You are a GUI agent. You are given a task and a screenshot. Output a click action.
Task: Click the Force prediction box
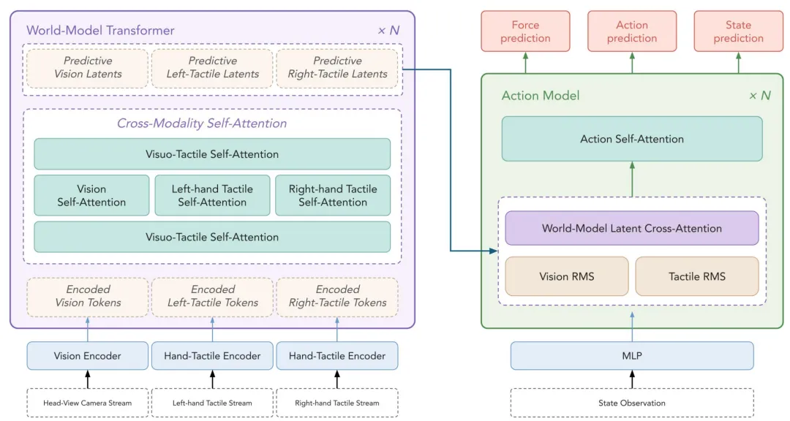click(x=525, y=31)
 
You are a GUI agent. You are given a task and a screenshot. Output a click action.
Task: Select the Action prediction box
click(x=632, y=31)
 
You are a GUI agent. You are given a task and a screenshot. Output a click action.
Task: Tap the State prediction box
click(x=738, y=31)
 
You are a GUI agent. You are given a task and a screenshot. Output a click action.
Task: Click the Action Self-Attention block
click(x=632, y=139)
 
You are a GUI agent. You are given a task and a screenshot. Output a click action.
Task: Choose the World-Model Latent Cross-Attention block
click(x=632, y=228)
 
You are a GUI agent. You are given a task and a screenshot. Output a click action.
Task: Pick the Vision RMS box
click(x=567, y=276)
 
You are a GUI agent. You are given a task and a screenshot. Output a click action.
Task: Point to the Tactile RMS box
click(x=697, y=276)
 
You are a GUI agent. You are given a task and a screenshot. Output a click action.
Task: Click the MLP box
click(x=632, y=355)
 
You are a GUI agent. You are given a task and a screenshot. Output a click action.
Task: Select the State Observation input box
click(x=632, y=403)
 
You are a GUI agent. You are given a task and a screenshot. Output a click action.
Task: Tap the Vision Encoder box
click(x=88, y=355)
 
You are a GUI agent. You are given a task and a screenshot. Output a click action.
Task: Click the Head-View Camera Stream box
click(x=88, y=403)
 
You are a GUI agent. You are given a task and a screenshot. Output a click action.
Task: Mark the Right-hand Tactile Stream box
click(x=337, y=403)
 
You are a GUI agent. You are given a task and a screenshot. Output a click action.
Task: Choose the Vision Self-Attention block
click(x=91, y=195)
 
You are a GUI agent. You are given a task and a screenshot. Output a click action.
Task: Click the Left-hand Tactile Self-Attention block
click(x=212, y=195)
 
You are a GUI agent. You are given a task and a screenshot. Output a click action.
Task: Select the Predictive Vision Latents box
click(x=88, y=67)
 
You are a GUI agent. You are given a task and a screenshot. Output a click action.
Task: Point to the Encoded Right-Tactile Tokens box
click(x=337, y=296)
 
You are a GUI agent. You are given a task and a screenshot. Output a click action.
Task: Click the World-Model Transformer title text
click(x=100, y=30)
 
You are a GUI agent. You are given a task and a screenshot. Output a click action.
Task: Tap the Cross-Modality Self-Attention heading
click(x=202, y=124)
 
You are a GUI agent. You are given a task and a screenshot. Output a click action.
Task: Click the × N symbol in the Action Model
click(x=760, y=96)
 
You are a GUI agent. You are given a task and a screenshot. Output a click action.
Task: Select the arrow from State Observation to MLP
click(x=632, y=379)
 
